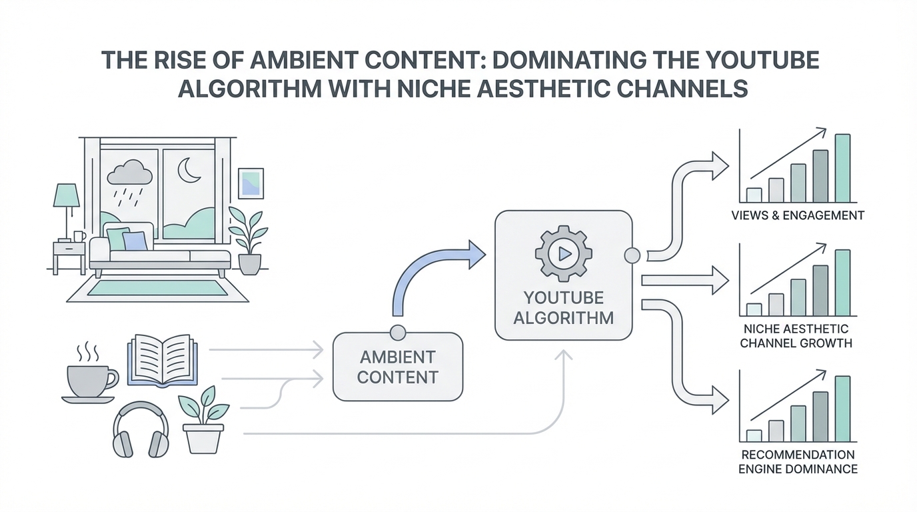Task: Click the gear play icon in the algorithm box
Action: [x=563, y=253]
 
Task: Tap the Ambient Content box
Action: [x=397, y=366]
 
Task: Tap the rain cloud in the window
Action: [x=130, y=174]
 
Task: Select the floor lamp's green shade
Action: [x=67, y=196]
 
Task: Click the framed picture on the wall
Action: [x=250, y=183]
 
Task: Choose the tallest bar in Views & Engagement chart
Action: [x=842, y=168]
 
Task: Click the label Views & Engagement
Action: [x=797, y=215]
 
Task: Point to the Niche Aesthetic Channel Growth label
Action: [x=796, y=336]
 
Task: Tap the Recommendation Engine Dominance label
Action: [x=798, y=461]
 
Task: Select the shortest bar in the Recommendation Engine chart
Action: [x=754, y=435]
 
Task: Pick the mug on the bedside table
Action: [x=79, y=236]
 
